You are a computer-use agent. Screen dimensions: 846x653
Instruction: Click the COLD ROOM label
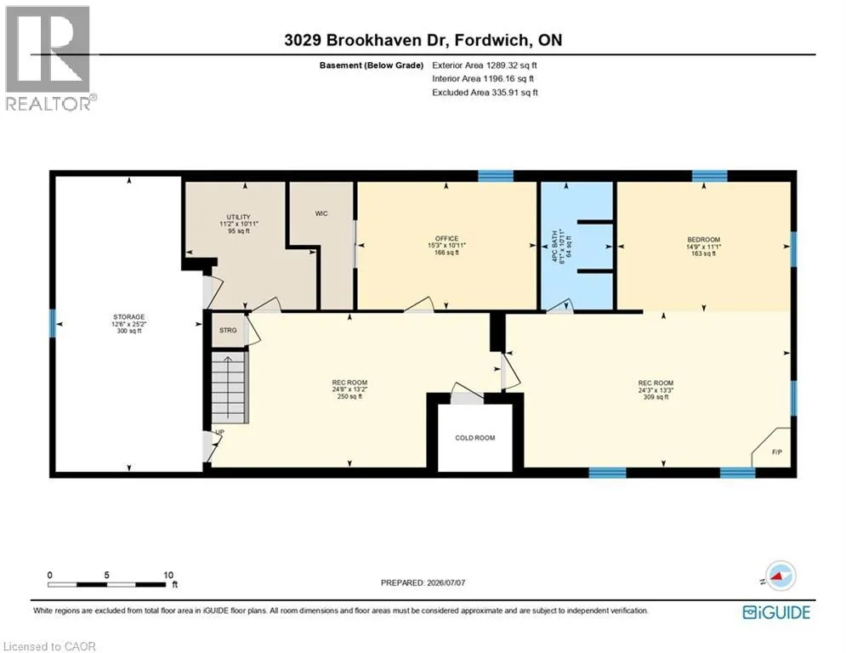(474, 438)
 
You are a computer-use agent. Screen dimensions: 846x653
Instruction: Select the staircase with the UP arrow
(230, 387)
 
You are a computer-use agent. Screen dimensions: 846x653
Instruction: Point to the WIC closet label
(321, 213)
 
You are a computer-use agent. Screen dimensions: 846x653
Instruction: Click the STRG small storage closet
(228, 330)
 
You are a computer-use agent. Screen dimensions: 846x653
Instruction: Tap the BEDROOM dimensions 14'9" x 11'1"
(703, 247)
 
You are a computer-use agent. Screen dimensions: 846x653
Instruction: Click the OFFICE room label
(446, 239)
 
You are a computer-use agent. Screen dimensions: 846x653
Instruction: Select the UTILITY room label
(238, 217)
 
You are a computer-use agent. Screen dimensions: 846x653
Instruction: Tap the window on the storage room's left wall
(53, 323)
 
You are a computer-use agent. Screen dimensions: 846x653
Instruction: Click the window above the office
(496, 175)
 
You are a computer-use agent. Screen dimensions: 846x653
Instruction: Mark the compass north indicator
(779, 576)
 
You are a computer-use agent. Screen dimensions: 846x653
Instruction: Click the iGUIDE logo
(776, 612)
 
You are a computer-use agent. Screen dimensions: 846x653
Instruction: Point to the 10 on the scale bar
(168, 576)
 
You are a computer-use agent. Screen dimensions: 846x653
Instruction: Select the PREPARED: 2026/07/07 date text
(423, 582)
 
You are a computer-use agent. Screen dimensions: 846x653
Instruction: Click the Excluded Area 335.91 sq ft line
(485, 93)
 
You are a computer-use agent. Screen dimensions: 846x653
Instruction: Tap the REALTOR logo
(48, 59)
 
